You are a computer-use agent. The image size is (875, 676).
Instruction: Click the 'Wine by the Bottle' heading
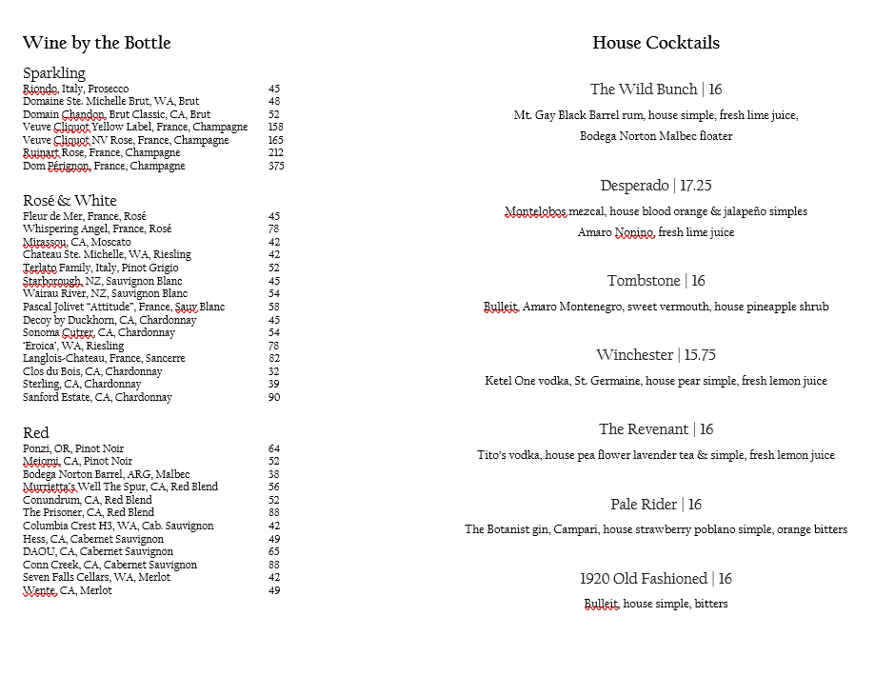click(96, 43)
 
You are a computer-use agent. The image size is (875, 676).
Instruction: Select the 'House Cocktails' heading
click(655, 43)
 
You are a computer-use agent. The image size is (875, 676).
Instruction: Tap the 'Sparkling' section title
click(54, 73)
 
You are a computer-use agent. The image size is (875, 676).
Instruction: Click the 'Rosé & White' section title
click(70, 200)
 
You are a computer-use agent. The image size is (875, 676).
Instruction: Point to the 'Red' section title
click(35, 432)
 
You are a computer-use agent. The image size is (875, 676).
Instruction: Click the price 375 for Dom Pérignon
click(276, 167)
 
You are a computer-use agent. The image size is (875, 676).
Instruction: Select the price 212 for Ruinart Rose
click(276, 153)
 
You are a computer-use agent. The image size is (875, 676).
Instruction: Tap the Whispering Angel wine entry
click(97, 229)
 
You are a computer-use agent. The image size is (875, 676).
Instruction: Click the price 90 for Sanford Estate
click(274, 398)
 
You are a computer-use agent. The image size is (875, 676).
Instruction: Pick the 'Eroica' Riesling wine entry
click(72, 346)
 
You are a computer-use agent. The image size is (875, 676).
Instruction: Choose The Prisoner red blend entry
click(89, 512)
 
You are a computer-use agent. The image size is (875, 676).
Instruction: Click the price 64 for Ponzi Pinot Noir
click(274, 448)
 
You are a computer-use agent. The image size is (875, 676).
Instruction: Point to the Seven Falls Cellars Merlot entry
click(96, 577)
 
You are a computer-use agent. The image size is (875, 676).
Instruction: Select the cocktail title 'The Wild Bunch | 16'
click(655, 89)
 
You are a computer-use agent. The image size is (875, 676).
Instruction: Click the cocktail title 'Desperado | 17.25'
click(655, 186)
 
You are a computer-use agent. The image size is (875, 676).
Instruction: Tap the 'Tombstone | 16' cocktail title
click(655, 281)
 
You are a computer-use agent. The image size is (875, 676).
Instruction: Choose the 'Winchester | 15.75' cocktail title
click(655, 355)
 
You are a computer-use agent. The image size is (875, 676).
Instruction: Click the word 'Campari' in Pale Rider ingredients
click(575, 529)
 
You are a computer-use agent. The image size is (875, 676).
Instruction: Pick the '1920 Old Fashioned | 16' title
click(655, 579)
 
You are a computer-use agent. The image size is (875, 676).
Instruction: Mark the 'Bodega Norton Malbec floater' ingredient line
click(655, 136)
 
